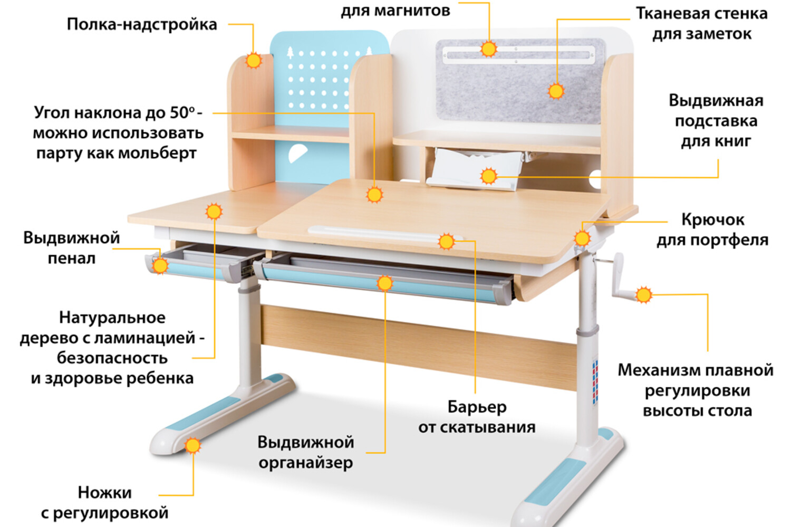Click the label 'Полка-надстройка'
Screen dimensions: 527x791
[141, 24]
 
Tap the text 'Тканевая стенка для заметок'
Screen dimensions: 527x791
[701, 23]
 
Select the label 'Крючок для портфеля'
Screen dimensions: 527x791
[712, 229]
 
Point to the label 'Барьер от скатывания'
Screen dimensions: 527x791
[477, 417]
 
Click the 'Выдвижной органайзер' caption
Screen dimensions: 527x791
[306, 452]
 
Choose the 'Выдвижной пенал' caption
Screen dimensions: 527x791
[72, 248]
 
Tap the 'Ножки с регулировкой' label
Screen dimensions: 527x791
[104, 502]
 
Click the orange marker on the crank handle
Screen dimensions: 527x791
[643, 295]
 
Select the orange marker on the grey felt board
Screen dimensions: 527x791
[556, 91]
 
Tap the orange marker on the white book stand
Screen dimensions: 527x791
[489, 176]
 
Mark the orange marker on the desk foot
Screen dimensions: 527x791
[193, 446]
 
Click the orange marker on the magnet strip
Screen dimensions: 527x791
[489, 49]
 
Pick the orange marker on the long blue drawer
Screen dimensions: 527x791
[385, 283]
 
